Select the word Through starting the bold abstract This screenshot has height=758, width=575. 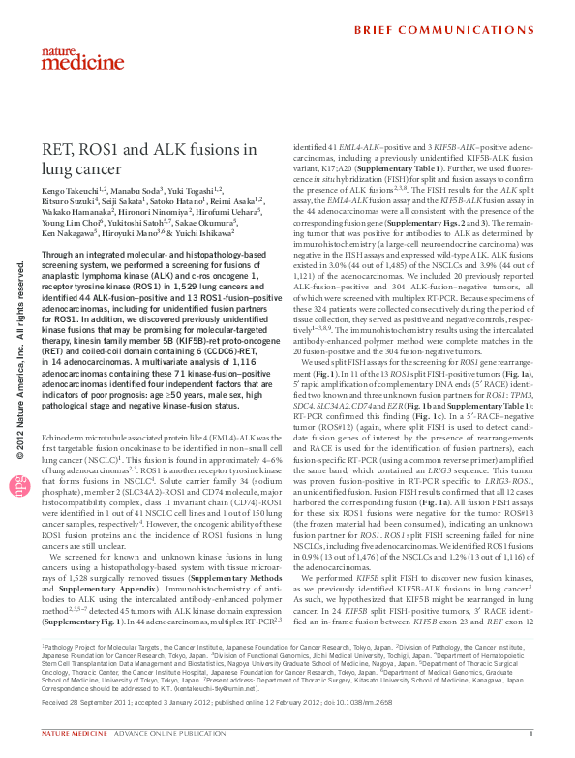coord(61,253)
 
